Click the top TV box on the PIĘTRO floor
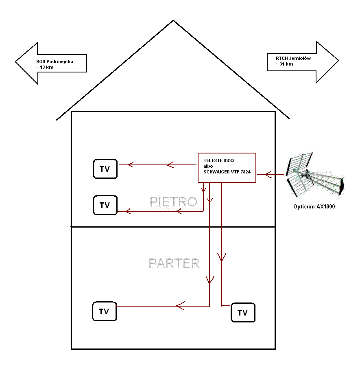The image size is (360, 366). coord(105,169)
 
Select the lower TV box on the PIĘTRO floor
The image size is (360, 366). coord(105,205)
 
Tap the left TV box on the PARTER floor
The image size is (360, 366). coord(104,311)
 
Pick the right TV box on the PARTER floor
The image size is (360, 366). coord(243,312)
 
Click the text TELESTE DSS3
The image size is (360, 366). coord(219,160)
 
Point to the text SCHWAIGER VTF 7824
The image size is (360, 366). coord(227,172)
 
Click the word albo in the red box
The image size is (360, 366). coord(208,166)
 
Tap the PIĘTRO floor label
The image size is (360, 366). coord(173,202)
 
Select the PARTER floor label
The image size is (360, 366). coord(174,263)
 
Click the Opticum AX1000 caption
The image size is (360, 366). coord(314,206)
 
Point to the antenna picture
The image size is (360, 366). coord(315,175)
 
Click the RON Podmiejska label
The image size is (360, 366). coord(55,61)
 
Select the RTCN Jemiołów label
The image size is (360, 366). coord(293,58)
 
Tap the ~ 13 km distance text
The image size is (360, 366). coord(45,67)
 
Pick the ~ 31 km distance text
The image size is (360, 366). coord(284,64)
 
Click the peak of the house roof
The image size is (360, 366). coord(173,20)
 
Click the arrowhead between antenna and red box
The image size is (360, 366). coord(268,175)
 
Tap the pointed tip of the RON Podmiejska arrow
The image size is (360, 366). coord(15,62)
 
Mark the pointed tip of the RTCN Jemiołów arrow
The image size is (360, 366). coord(338,60)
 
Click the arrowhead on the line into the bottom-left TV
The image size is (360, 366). coord(180,306)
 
